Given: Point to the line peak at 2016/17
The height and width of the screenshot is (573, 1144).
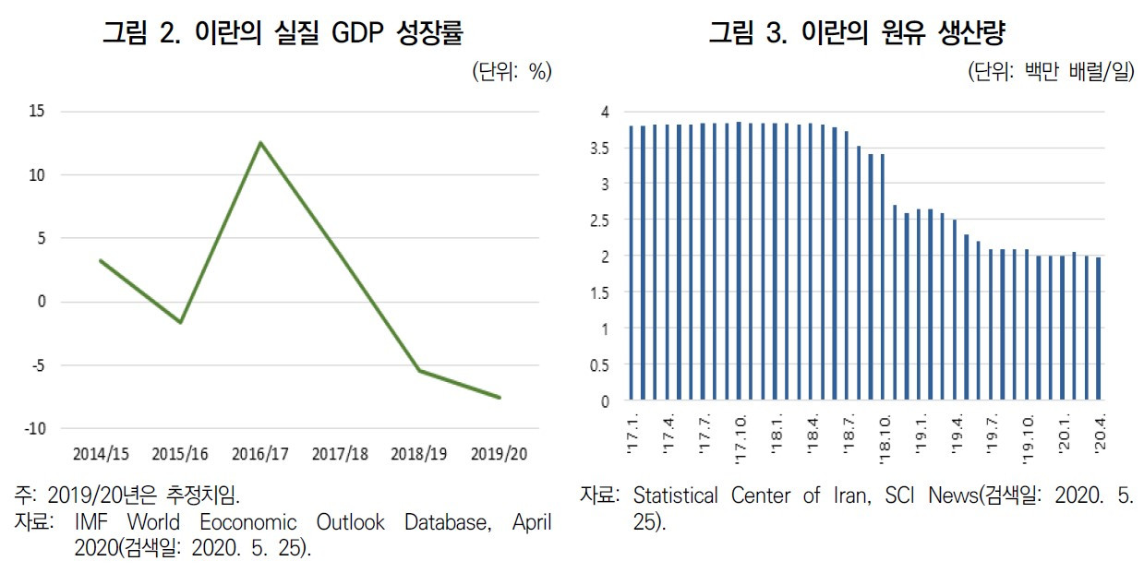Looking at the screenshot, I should point(261,143).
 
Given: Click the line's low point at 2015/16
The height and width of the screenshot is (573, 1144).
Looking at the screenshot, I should point(181,322).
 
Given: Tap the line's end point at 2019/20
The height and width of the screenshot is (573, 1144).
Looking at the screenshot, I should point(500,398).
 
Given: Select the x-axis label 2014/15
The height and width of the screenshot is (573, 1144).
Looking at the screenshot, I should point(101,454).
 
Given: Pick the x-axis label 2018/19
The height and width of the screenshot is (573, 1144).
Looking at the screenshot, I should point(419,454).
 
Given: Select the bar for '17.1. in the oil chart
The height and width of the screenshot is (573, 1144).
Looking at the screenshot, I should point(632,263).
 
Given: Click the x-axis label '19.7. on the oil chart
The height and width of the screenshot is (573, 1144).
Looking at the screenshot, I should point(990,435).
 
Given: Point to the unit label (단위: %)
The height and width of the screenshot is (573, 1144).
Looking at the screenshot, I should point(511,72).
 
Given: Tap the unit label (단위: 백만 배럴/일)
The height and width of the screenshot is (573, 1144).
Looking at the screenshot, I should point(1050,72).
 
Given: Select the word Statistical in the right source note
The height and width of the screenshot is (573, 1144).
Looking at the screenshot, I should point(676,495).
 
